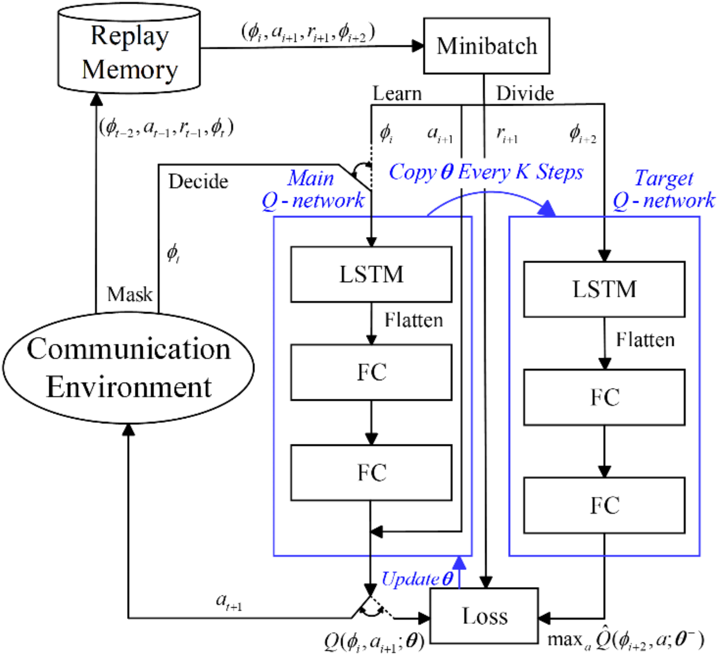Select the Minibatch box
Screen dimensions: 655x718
(x=486, y=46)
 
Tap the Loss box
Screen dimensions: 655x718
(x=484, y=616)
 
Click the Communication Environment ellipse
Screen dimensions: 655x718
(x=129, y=368)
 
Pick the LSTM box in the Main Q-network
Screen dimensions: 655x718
(x=371, y=274)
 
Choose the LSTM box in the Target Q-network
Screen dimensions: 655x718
(x=604, y=289)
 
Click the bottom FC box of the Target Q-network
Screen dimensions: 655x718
(x=604, y=505)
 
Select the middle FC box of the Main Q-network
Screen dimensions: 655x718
(x=371, y=372)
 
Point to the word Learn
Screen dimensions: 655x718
(x=397, y=94)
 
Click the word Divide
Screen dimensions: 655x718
(x=525, y=94)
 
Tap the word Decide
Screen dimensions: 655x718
(x=198, y=181)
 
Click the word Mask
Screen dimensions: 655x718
(x=129, y=295)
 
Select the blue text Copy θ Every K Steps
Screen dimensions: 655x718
(x=486, y=172)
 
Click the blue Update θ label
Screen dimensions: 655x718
(x=417, y=579)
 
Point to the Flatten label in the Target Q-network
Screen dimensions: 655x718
(x=645, y=340)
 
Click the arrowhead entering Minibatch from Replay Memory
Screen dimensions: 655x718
(x=418, y=46)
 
